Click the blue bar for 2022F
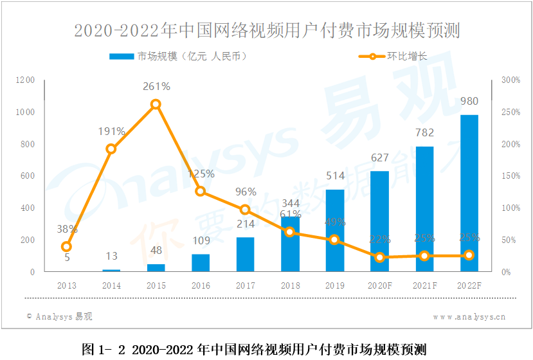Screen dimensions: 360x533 click(x=469, y=193)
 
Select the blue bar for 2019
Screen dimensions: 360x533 click(x=334, y=230)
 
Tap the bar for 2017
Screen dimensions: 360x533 click(x=245, y=255)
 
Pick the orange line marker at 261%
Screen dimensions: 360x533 click(x=156, y=104)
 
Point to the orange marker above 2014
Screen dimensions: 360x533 click(x=111, y=148)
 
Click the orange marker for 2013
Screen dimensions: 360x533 click(x=66, y=246)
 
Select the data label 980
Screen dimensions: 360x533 click(x=469, y=101)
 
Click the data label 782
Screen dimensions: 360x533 click(x=424, y=133)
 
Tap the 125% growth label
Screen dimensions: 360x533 click(x=201, y=174)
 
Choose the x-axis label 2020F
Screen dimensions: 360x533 click(x=379, y=285)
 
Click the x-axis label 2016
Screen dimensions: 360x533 click(x=201, y=285)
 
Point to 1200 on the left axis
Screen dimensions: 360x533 click(x=26, y=80)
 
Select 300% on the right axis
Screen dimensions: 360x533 click(x=510, y=80)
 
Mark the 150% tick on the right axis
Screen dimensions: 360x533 click(x=510, y=175)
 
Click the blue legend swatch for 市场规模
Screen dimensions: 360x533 click(x=122, y=57)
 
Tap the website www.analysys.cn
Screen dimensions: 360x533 click(x=469, y=316)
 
